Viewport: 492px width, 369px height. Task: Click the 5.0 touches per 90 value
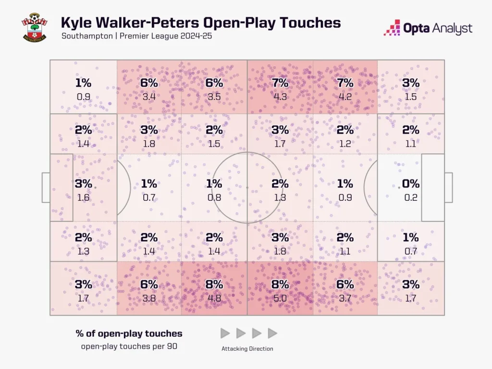click(280, 298)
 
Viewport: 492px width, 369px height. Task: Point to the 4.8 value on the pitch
click(214, 298)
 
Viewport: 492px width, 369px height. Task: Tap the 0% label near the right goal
click(411, 184)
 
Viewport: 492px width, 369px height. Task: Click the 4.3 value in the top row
click(280, 97)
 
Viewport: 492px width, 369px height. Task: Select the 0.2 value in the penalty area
click(411, 197)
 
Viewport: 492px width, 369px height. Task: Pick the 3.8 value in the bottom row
click(149, 298)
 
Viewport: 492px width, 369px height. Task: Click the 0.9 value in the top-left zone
click(83, 97)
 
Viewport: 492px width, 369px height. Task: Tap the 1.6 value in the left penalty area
click(83, 197)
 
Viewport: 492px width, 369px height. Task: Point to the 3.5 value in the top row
click(214, 97)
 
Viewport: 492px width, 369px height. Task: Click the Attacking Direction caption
click(247, 349)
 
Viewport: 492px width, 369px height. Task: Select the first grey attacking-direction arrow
click(225, 333)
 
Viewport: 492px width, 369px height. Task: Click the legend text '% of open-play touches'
click(129, 333)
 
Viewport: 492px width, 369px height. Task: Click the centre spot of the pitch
click(247, 187)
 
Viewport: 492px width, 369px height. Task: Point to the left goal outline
click(46, 187)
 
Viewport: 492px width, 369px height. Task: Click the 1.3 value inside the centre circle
click(280, 197)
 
